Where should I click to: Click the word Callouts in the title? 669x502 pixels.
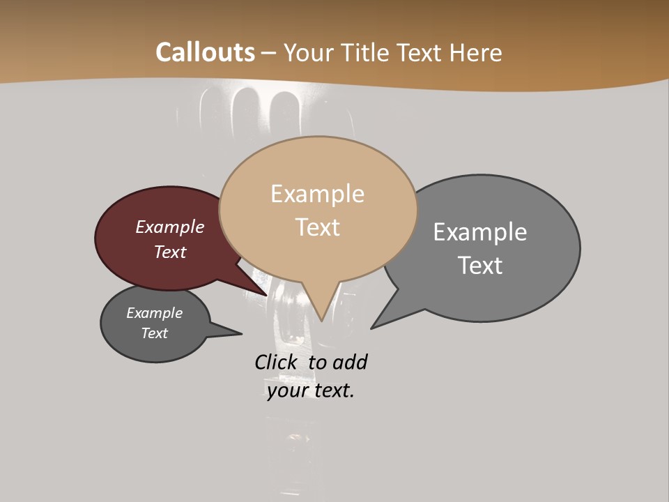click(205, 52)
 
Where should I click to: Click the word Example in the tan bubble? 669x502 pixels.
click(317, 194)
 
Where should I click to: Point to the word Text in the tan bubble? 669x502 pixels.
click(317, 227)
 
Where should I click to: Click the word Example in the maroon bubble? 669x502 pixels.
click(169, 227)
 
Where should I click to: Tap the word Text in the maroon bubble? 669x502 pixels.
click(169, 252)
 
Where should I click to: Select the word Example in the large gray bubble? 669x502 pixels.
click(479, 231)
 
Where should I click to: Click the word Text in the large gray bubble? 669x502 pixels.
click(479, 266)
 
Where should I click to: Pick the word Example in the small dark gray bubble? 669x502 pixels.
click(154, 313)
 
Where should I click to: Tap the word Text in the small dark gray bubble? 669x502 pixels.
click(154, 333)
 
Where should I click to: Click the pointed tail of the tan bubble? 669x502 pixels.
click(321, 314)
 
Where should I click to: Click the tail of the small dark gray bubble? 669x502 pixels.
click(233, 333)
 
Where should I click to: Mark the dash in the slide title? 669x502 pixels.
click(269, 52)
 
